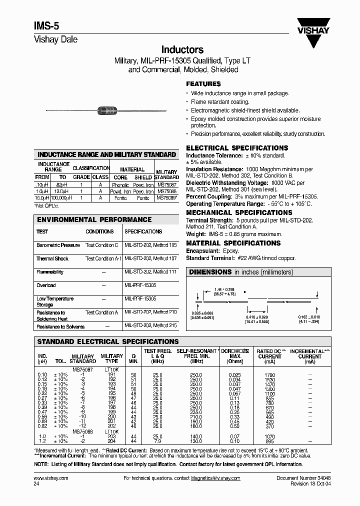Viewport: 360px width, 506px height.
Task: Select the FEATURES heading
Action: click(203, 84)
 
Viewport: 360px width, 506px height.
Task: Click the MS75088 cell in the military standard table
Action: click(166, 191)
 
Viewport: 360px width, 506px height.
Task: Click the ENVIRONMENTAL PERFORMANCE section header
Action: click(94, 219)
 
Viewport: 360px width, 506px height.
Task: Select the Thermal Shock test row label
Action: click(52, 258)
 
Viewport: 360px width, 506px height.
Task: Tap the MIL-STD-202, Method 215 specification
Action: click(150, 326)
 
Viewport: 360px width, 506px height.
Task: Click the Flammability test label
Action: click(49, 272)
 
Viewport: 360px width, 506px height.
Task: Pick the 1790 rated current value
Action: click(270, 374)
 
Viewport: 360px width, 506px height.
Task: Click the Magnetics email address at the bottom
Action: click(215, 478)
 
